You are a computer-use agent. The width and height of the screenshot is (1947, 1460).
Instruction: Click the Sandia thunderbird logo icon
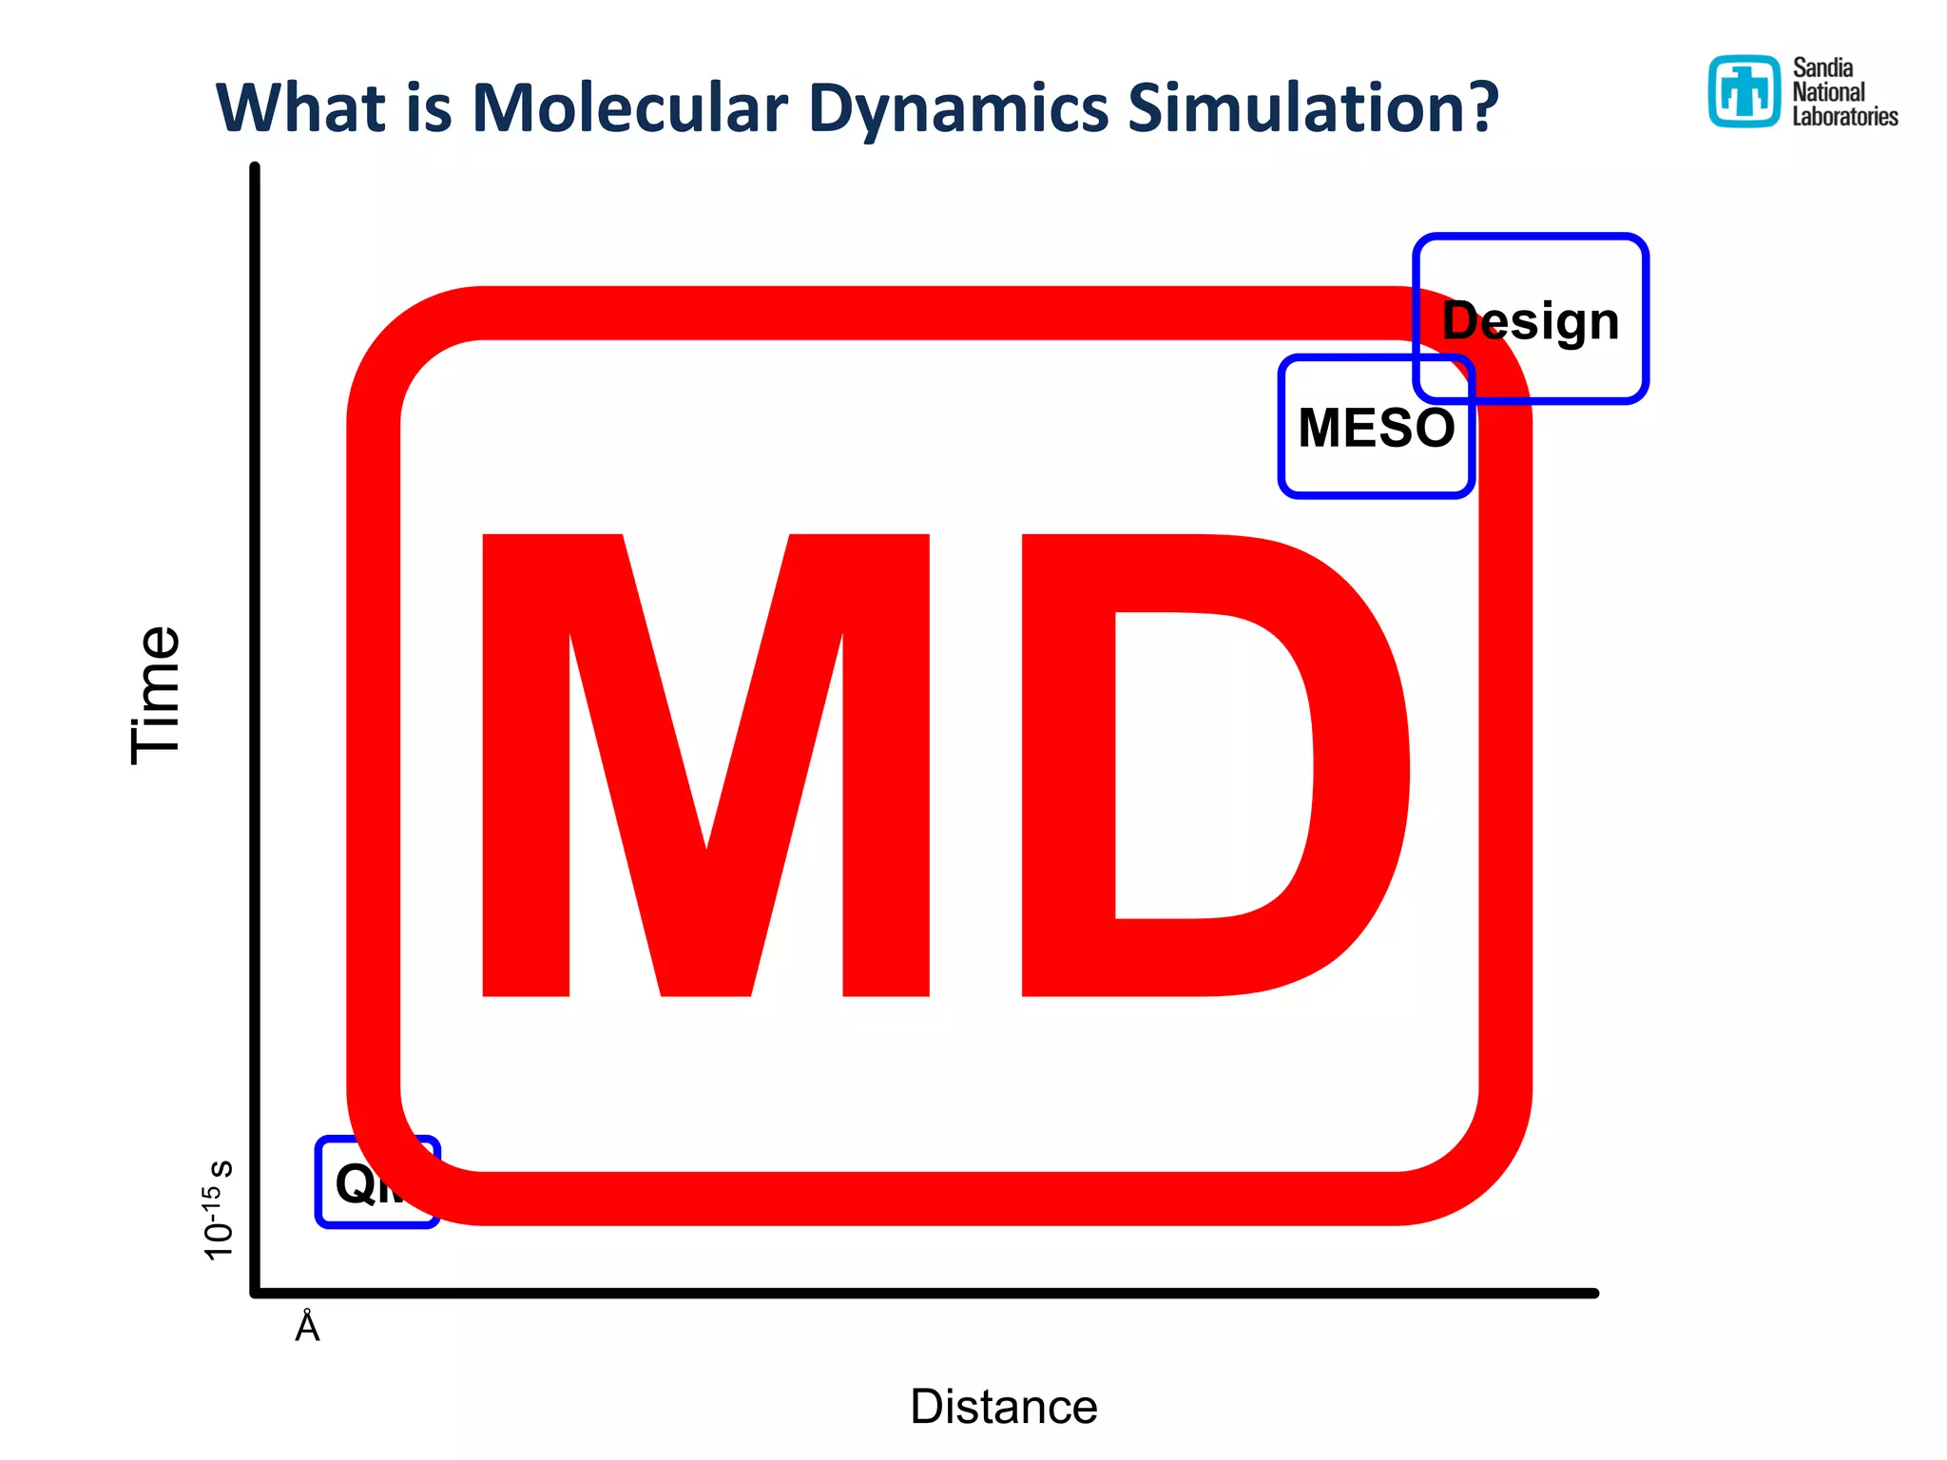[1744, 91]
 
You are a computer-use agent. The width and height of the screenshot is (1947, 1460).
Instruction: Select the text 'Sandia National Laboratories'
[1844, 92]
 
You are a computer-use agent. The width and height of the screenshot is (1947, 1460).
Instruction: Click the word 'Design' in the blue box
[1531, 320]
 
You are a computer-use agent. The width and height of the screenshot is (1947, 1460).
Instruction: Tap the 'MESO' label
[1376, 428]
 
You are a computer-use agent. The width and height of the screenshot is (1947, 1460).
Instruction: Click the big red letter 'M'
[705, 765]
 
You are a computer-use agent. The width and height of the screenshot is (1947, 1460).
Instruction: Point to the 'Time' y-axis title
[155, 695]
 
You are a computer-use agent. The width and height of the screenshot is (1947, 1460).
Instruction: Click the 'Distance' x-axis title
[1003, 1406]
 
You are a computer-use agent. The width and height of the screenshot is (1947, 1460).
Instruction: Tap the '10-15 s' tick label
[218, 1210]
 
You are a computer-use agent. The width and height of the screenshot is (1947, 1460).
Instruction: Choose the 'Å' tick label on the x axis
[307, 1327]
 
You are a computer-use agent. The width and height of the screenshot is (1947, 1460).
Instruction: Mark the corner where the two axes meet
[255, 1293]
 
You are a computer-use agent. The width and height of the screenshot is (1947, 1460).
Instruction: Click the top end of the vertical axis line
[255, 169]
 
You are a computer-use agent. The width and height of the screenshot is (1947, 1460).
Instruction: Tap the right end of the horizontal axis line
[1593, 1293]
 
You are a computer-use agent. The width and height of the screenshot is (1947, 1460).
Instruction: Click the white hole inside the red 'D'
[1207, 765]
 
